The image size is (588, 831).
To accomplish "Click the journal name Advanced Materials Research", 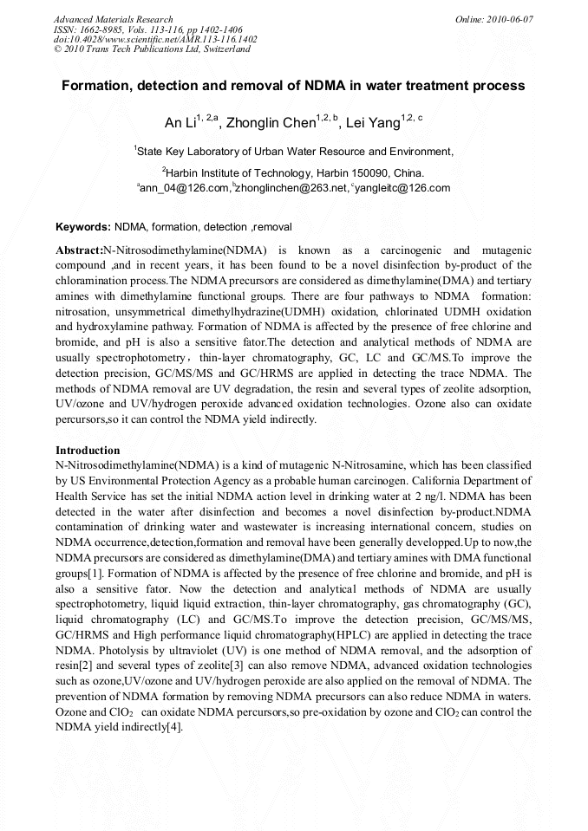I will coord(113,19).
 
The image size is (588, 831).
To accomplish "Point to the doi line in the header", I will coord(155,39).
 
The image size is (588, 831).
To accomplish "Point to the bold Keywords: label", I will coord(83,227).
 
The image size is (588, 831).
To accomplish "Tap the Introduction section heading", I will coord(88,451).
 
